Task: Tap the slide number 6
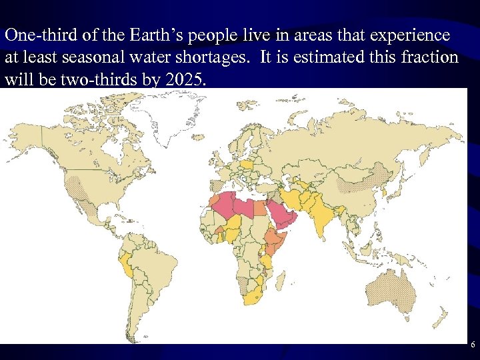[x=473, y=345]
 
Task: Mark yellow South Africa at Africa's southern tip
[x=251, y=299]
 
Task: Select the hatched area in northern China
[x=363, y=176]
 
